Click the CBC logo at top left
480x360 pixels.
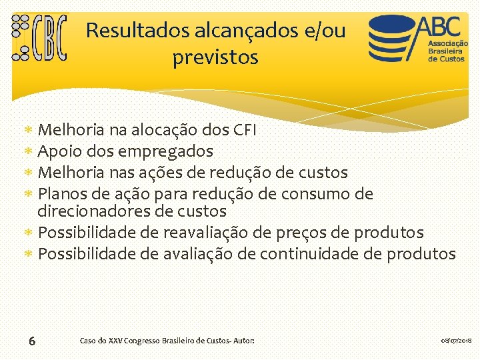pyautogui.click(x=40, y=38)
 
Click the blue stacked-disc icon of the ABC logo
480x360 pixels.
pyautogui.click(x=392, y=39)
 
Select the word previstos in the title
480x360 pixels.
pyautogui.click(x=215, y=58)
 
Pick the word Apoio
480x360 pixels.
pyautogui.click(x=61, y=151)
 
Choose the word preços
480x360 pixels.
pyautogui.click(x=306, y=233)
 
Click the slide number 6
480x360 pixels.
pyautogui.click(x=32, y=341)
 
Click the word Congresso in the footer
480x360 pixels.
pyautogui.click(x=141, y=341)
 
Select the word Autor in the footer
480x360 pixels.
pyautogui.click(x=242, y=341)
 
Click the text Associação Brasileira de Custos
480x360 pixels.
pyautogui.click(x=447, y=49)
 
